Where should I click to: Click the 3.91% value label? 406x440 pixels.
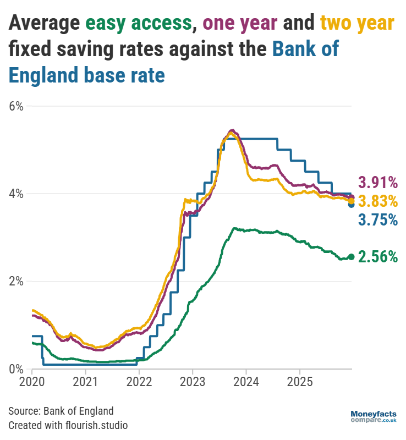tap(378, 182)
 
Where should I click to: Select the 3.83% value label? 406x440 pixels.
tap(378, 201)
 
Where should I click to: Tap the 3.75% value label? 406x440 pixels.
tap(378, 220)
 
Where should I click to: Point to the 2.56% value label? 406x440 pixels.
tap(378, 256)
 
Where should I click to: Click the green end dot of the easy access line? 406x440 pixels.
tap(352, 257)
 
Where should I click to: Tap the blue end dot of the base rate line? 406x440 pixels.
tap(352, 205)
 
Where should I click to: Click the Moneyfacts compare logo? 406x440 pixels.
tap(374, 416)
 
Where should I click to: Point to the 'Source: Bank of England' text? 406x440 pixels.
tap(61, 411)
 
